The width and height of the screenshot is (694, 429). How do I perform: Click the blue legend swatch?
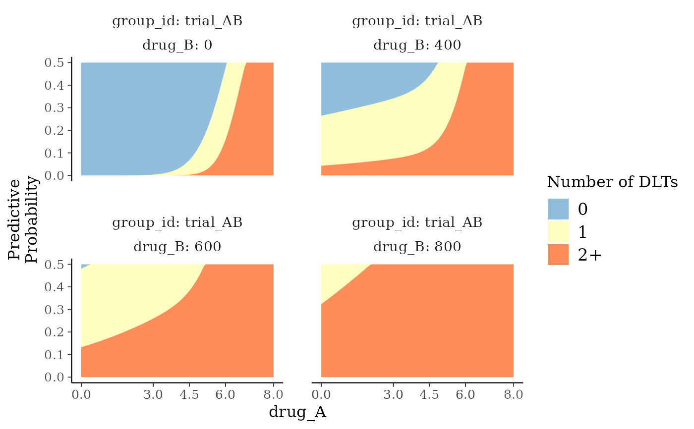coord(558,209)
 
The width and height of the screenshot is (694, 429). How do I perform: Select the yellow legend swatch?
coord(558,231)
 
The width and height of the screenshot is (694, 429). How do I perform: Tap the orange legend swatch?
coord(558,254)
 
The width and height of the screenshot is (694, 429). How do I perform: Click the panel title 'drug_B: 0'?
coord(177,45)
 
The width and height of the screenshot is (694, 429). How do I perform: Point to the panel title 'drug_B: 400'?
coord(417,45)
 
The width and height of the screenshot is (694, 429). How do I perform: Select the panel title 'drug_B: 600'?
coord(177,247)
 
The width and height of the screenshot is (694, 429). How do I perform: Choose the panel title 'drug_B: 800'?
coord(417,247)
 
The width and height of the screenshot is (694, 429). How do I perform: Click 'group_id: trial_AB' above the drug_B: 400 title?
coord(417,21)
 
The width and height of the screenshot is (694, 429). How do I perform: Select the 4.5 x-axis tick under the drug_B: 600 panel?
coord(189,395)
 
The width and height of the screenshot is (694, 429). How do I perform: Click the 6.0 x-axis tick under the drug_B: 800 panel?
coord(465,395)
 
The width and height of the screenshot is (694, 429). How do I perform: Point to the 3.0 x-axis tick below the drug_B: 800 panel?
coord(393,395)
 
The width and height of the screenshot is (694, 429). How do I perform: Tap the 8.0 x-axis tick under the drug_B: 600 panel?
coord(273,395)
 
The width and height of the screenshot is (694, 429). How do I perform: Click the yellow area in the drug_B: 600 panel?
coord(134,297)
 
